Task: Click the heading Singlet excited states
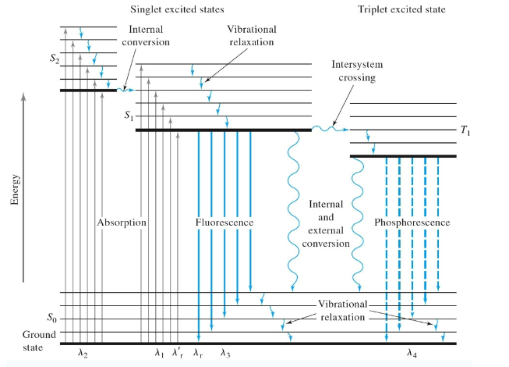point(179,9)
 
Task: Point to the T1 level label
point(465,130)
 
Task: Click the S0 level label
point(51,318)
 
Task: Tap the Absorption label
point(122,223)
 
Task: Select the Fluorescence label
point(224,223)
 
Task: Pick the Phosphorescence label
point(412,223)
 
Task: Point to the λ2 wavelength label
point(83,354)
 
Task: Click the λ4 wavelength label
point(412,354)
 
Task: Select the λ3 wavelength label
point(225,354)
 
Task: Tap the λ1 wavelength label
point(159,354)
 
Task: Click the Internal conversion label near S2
point(147,35)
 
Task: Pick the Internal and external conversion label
point(326,223)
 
